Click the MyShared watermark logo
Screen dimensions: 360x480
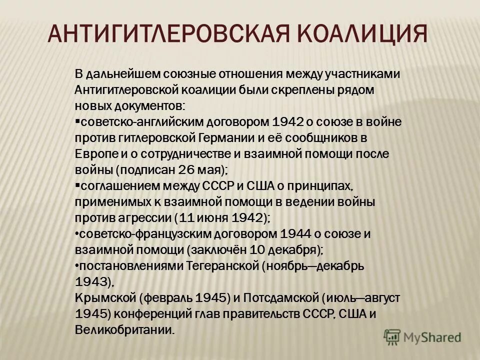[x=422, y=336]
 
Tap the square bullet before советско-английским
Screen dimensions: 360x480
[x=77, y=121]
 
